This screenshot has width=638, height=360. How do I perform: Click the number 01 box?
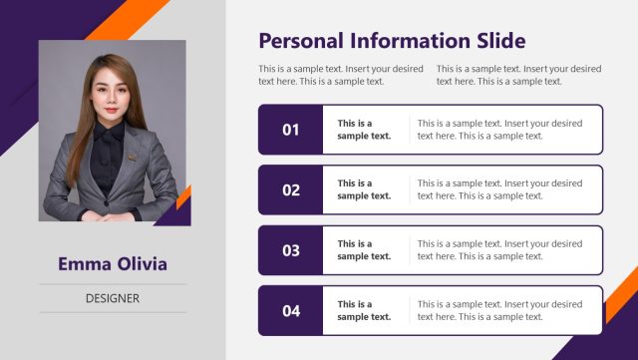click(x=290, y=130)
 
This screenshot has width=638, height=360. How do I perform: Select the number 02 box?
click(x=290, y=189)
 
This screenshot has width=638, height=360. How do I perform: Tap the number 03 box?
click(x=290, y=250)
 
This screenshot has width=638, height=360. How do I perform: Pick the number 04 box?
click(x=290, y=310)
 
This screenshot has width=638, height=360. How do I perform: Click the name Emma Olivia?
click(x=112, y=264)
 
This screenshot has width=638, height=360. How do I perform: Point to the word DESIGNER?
click(x=112, y=298)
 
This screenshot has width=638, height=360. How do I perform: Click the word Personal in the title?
click(x=300, y=41)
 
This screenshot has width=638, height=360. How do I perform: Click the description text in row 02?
click(x=499, y=189)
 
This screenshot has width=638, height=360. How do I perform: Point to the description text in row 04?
click(x=499, y=310)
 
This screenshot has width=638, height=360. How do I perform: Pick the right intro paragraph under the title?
click(x=518, y=75)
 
